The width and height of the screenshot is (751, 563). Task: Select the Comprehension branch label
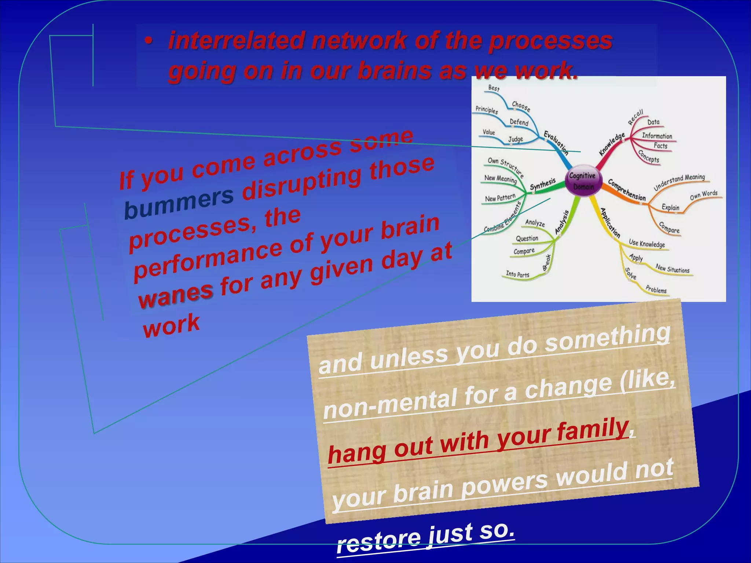(627, 190)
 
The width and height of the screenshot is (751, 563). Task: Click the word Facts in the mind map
(660, 146)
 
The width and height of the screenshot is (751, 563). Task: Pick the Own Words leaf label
(703, 195)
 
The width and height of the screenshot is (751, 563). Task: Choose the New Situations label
(673, 269)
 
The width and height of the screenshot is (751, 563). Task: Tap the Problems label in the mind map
(656, 290)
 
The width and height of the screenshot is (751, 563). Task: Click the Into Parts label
(517, 274)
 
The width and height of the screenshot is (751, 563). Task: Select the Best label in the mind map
(494, 88)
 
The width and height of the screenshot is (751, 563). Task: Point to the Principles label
(487, 110)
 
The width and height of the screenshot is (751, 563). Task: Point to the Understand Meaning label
(679, 181)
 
